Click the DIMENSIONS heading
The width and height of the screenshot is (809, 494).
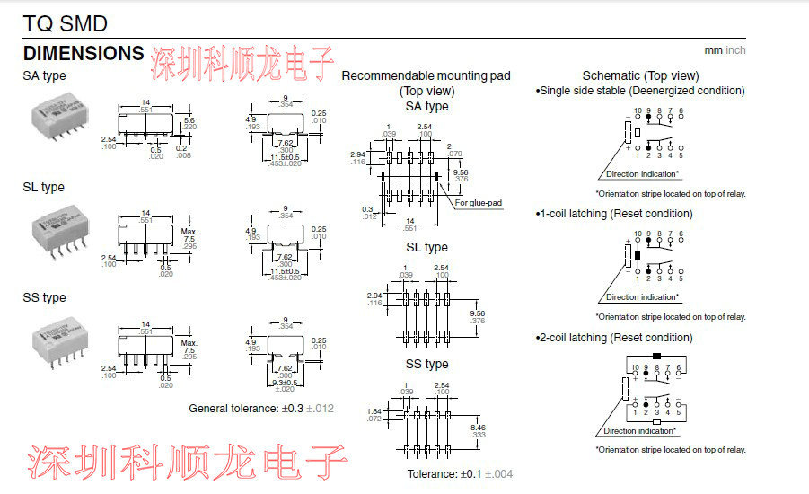tap(83, 53)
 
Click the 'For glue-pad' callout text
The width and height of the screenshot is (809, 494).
tap(479, 203)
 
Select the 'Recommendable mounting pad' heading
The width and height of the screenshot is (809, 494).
tap(426, 76)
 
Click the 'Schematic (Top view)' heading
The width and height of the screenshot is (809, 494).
tap(640, 75)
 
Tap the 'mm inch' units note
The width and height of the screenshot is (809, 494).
tap(725, 51)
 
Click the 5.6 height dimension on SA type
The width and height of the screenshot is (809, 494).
tap(189, 120)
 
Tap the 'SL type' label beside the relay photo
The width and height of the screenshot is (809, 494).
tap(43, 188)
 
